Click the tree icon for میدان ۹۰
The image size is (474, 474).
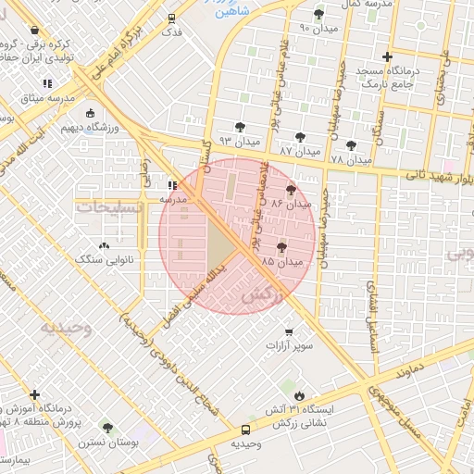tap(319, 14)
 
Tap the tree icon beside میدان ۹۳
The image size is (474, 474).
tap(241, 127)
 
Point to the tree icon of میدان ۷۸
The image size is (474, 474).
tap(351, 144)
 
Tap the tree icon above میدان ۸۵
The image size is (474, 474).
tap(281, 247)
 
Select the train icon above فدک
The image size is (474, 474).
tap(171, 18)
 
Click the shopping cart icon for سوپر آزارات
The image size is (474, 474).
tap(289, 331)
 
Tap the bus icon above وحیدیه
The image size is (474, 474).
tap(245, 430)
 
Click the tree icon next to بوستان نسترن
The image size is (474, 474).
tap(107, 429)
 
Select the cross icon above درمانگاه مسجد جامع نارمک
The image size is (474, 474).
tap(387, 56)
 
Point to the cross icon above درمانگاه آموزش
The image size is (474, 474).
tap(35, 394)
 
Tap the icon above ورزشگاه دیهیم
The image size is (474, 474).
tap(90, 114)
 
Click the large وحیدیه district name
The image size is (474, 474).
tap(66, 328)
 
